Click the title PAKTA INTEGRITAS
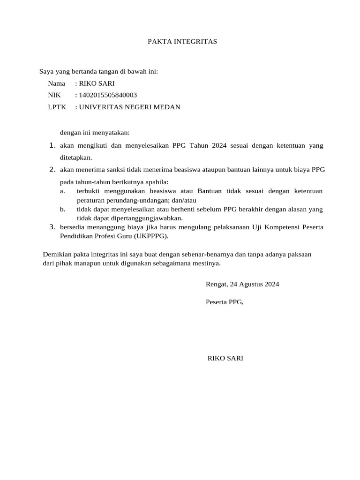coord(182,42)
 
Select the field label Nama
coord(56,83)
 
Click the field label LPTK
coord(57,107)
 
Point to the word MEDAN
coord(167,107)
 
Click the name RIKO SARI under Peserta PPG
coord(225,359)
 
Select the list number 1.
coord(52,146)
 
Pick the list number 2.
coord(52,169)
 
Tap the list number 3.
coord(52,227)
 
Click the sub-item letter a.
coord(62,191)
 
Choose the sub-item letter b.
coord(62,209)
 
